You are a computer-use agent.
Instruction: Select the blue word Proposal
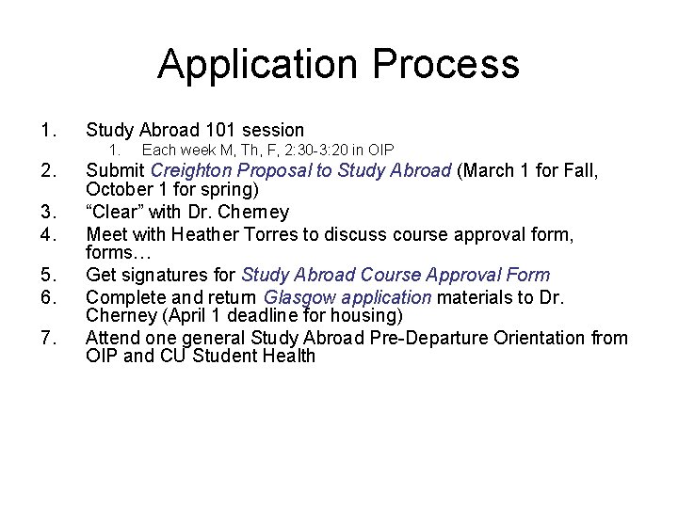point(277,171)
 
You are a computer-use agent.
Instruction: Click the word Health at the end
point(287,357)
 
